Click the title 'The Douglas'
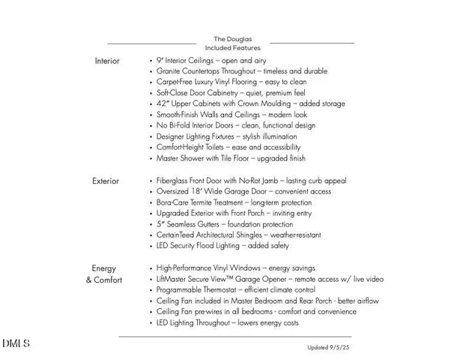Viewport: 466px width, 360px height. click(232, 39)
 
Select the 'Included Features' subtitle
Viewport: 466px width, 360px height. click(232, 48)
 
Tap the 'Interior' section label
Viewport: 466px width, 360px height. click(106, 61)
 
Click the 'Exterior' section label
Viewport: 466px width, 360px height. click(106, 181)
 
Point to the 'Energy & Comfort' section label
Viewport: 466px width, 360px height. click(104, 274)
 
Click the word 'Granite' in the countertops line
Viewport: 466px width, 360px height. click(171, 71)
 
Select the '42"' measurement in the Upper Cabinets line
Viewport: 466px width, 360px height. click(163, 104)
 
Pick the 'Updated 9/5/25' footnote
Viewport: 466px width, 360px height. click(329, 348)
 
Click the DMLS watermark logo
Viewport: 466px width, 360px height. click(16, 344)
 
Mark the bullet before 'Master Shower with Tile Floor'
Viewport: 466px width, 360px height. click(151, 159)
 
